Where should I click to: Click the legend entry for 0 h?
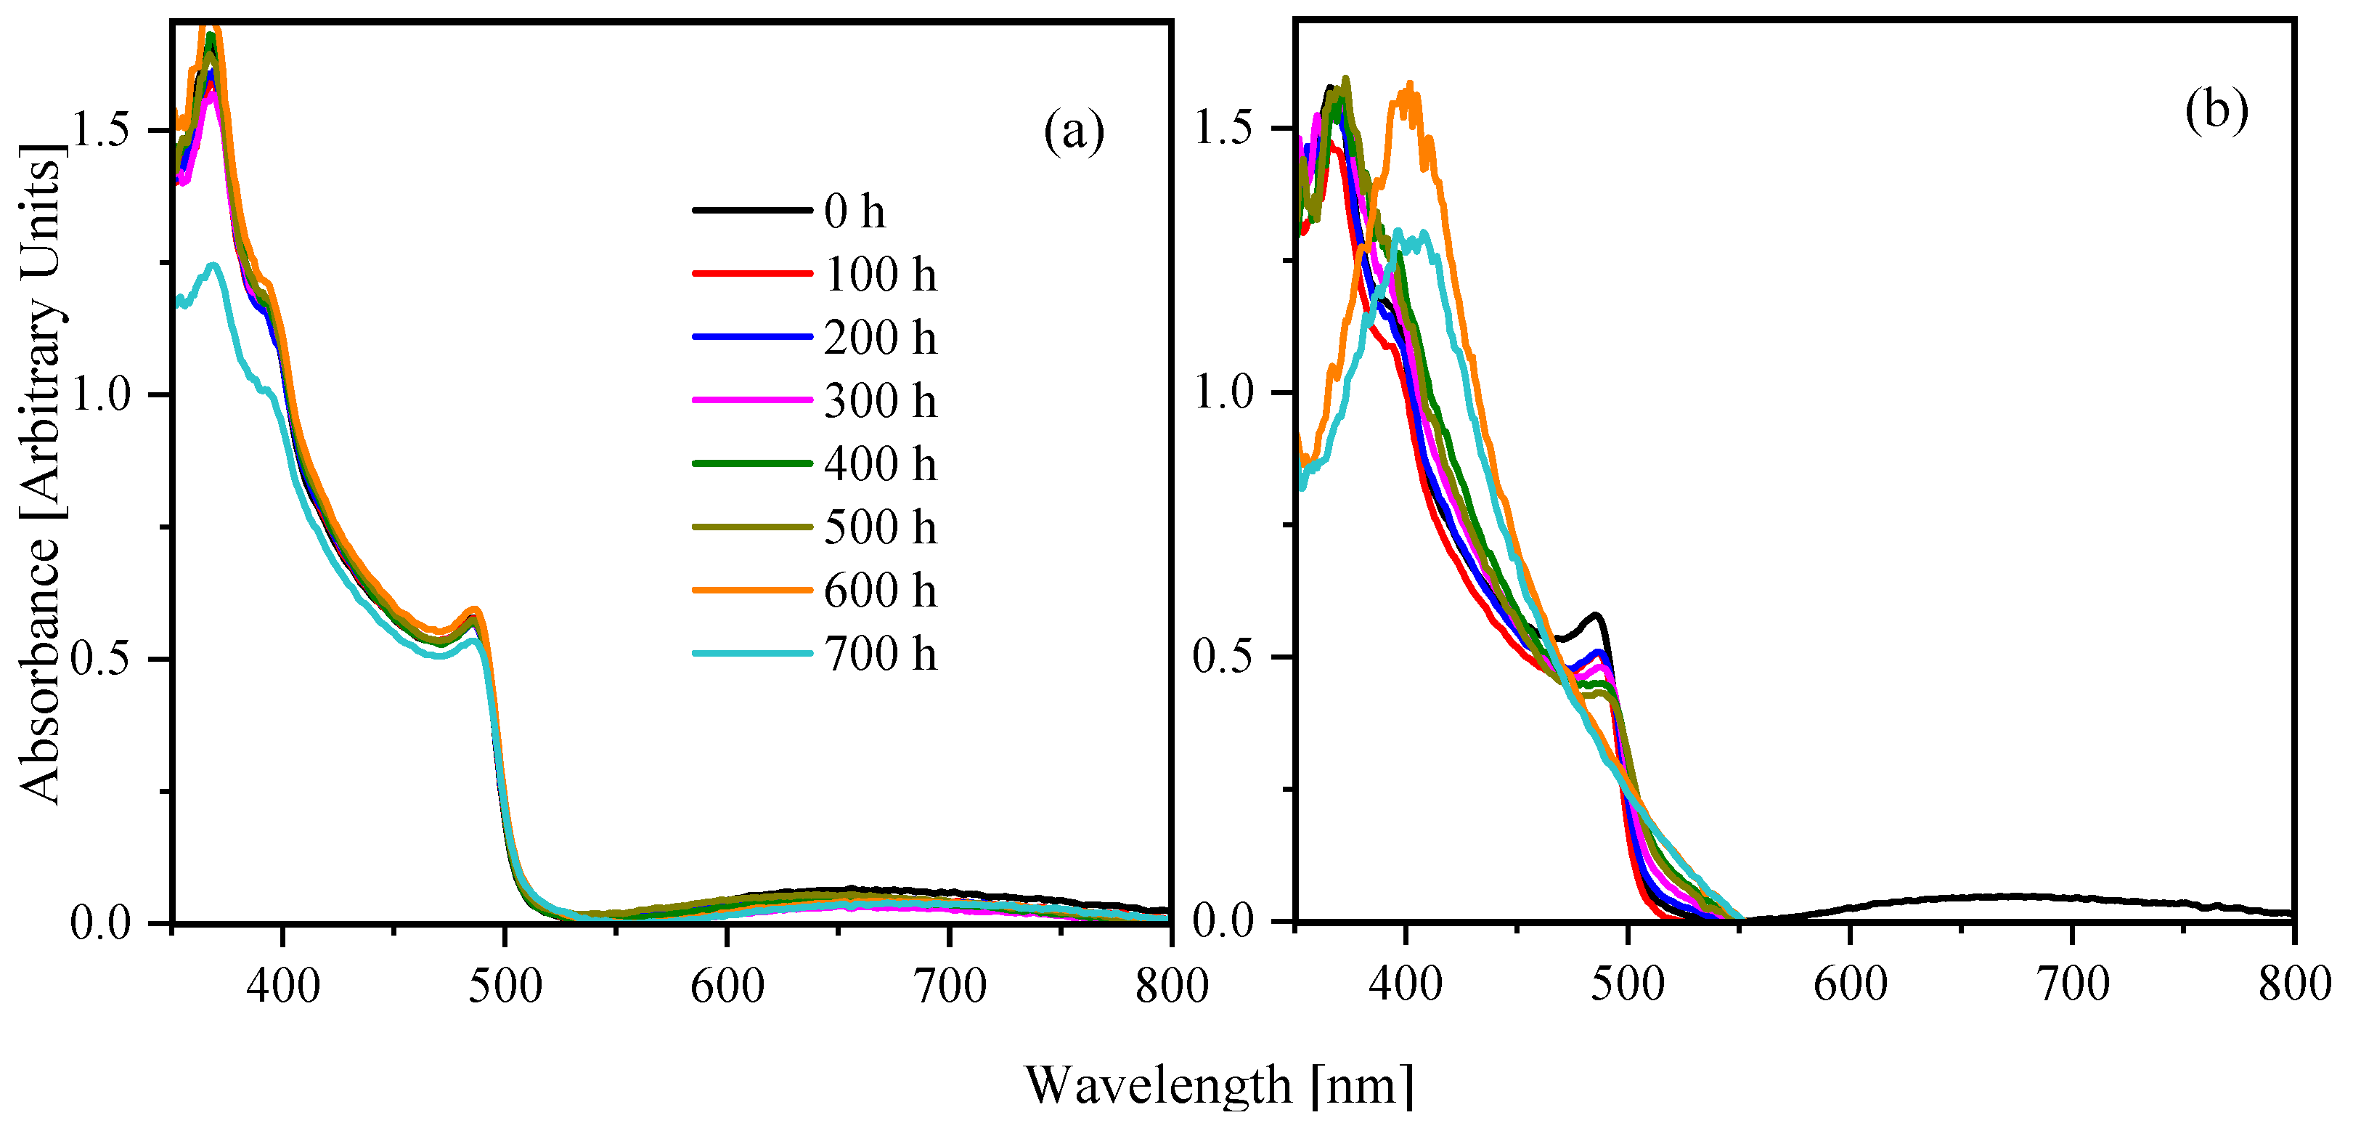coord(854,212)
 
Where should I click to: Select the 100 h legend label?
coord(880,275)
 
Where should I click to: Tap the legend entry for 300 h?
coord(880,401)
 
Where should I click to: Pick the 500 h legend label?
coord(880,527)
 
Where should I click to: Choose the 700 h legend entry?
coord(880,654)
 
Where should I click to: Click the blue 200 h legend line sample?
coord(751,337)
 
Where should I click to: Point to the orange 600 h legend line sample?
coord(751,590)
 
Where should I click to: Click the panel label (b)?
coord(2216,111)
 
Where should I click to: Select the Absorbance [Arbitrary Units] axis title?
coord(41,475)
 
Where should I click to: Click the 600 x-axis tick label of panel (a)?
coord(727,986)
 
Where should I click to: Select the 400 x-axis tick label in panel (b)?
coord(1406,985)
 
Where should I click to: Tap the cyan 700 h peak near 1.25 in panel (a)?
coord(213,266)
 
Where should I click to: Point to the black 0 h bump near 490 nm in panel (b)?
coord(1595,615)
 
